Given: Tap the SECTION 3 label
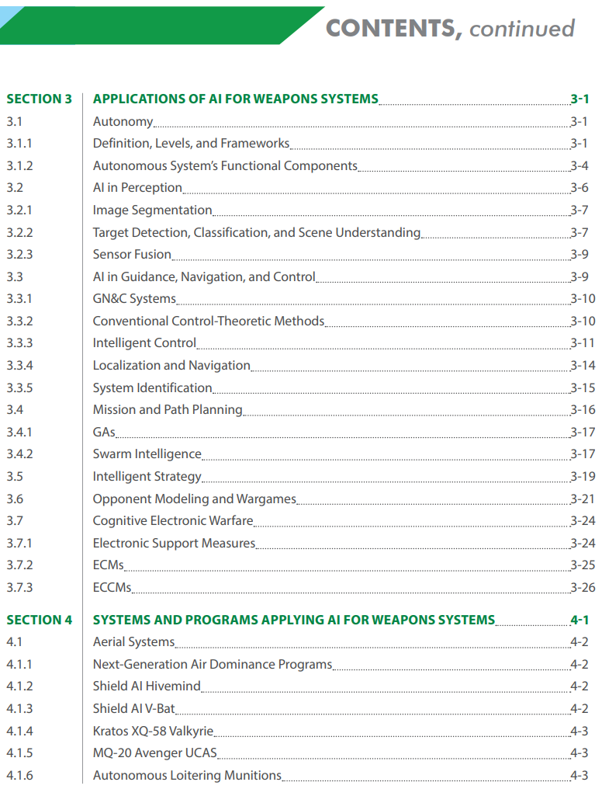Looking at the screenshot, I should pyautogui.click(x=39, y=99).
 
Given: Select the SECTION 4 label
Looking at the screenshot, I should pyautogui.click(x=39, y=620).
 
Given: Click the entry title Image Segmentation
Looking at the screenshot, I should pyautogui.click(x=152, y=210).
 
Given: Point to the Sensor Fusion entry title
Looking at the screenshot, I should pyautogui.click(x=132, y=254).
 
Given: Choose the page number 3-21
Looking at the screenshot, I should pyautogui.click(x=583, y=499).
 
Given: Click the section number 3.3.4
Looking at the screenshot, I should pyautogui.click(x=19, y=365).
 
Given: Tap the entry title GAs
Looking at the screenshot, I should pyautogui.click(x=104, y=432).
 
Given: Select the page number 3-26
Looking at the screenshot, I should pyautogui.click(x=583, y=587).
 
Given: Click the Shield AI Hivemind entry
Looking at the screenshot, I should pyautogui.click(x=147, y=686).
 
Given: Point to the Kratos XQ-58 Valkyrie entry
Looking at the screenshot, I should pyautogui.click(x=153, y=731).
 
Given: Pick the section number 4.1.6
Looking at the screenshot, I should pyautogui.click(x=19, y=775).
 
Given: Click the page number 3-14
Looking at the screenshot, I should pyautogui.click(x=583, y=365).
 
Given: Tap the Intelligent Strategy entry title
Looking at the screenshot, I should pyautogui.click(x=147, y=476).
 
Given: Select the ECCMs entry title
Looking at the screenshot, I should pyautogui.click(x=112, y=587).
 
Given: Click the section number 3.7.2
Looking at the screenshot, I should pyautogui.click(x=19, y=565).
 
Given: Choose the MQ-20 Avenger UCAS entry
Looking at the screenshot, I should pyautogui.click(x=154, y=753).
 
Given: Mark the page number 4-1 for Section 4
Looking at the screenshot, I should pyautogui.click(x=579, y=620).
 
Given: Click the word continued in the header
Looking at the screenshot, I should pyautogui.click(x=521, y=29).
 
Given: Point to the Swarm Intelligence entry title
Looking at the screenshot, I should pyautogui.click(x=147, y=454).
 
